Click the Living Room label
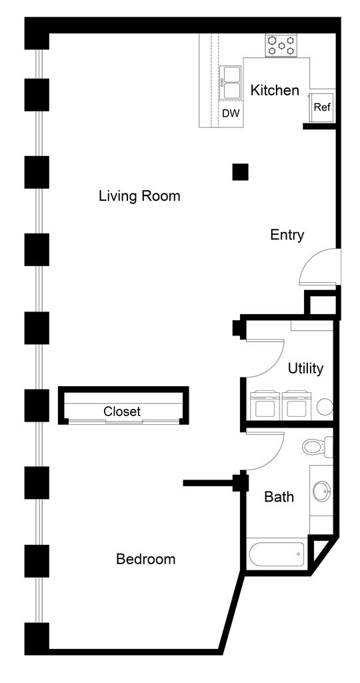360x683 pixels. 139,196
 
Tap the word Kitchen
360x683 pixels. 275,90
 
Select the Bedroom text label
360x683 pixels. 146,559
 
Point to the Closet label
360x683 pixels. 122,411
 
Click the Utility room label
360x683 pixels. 305,368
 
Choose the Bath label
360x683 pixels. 279,496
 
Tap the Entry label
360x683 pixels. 287,235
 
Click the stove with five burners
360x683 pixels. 281,45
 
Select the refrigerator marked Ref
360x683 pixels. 322,107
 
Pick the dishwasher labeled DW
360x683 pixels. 231,113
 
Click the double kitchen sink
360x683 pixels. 230,83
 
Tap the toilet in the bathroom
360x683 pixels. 317,446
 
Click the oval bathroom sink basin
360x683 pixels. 322,492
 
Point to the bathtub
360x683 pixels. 277,554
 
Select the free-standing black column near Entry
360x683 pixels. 240,172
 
